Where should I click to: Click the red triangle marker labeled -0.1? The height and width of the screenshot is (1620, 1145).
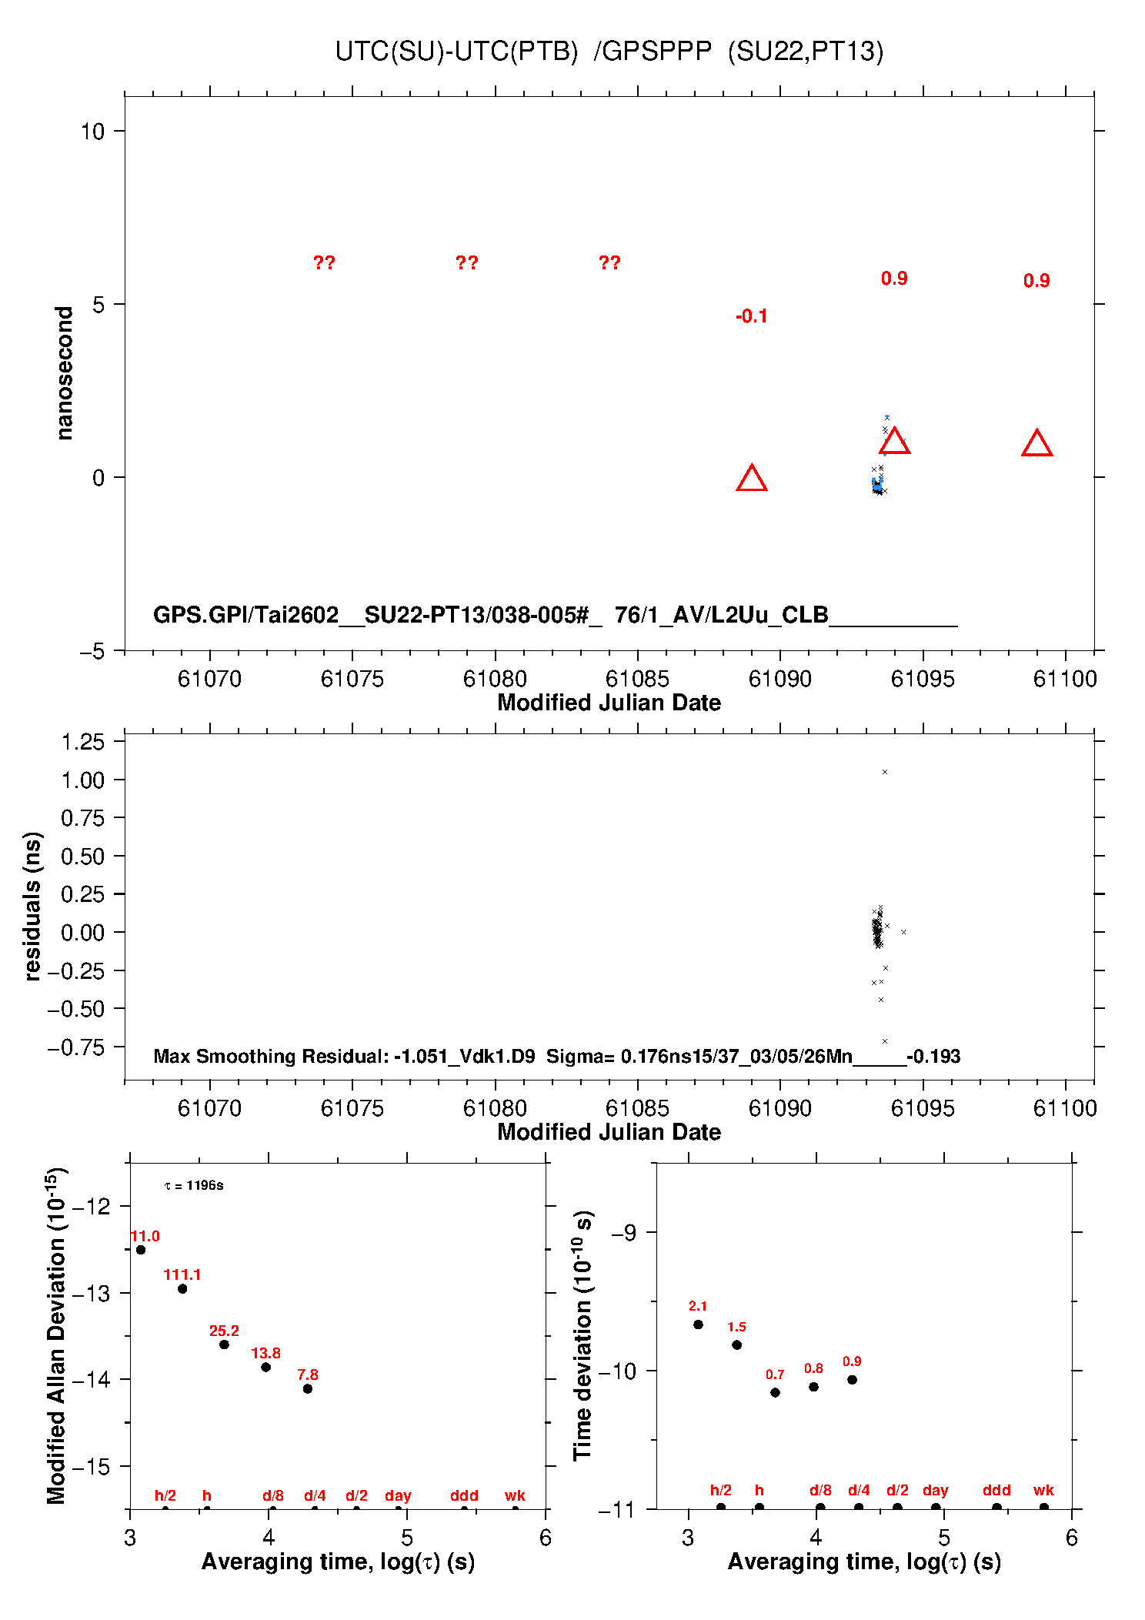(751, 479)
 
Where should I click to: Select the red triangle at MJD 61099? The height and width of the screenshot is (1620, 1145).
(1037, 444)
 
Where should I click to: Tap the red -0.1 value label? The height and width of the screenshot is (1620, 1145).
(751, 316)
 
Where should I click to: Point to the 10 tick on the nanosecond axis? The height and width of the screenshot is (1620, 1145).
(92, 132)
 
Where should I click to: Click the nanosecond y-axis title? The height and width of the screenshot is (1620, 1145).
(65, 373)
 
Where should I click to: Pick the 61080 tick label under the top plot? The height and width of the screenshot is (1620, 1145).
(495, 679)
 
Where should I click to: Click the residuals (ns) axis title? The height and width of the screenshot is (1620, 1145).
(32, 906)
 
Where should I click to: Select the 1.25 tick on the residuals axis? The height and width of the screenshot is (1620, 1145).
(82, 742)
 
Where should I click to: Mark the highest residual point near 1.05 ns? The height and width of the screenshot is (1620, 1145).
(885, 772)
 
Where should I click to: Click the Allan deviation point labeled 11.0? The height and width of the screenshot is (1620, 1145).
(141, 1250)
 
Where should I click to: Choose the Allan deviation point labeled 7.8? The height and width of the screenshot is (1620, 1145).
(307, 1389)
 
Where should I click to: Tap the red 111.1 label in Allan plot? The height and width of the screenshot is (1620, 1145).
(182, 1275)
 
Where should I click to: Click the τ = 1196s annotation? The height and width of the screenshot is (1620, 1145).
(194, 1186)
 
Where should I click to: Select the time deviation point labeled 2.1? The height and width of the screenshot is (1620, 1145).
(698, 1324)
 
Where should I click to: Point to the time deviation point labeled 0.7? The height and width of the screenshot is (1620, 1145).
(775, 1392)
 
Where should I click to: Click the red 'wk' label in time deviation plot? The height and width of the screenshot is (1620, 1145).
(1043, 1490)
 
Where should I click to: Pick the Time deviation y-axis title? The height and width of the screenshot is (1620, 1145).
(583, 1336)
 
